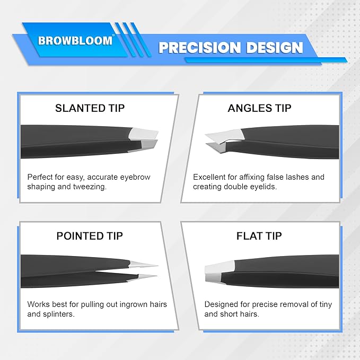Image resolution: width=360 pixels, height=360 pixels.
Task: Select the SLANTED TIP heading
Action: pyautogui.click(x=90, y=108)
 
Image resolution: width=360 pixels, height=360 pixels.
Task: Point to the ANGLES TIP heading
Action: pyautogui.click(x=259, y=108)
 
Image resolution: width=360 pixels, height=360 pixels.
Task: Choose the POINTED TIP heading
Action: pyautogui.click(x=90, y=236)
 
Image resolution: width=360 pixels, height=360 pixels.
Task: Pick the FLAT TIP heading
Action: pyautogui.click(x=259, y=236)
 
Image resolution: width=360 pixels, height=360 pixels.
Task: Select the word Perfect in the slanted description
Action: pyautogui.click(x=41, y=177)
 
